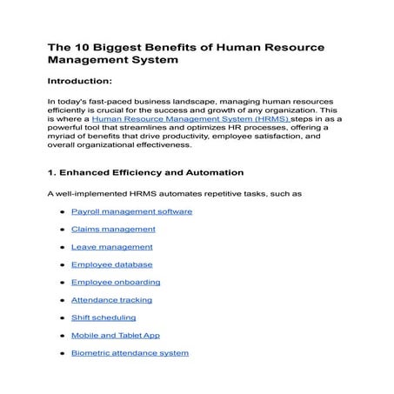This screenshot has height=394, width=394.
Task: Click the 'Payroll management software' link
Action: pos(131,211)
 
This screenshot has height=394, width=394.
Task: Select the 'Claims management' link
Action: pos(113,229)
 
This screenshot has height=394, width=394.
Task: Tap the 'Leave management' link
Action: pos(111,247)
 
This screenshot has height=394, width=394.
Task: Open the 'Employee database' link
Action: pos(111,264)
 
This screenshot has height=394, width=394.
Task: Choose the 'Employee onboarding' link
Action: pos(116,282)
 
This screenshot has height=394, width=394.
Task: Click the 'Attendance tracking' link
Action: pos(111,300)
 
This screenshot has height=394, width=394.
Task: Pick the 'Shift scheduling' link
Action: pos(104,317)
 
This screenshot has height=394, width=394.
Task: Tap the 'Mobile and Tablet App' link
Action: pos(116,335)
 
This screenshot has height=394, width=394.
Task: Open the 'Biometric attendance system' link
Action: pos(130,353)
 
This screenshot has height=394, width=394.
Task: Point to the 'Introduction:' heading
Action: pos(79,82)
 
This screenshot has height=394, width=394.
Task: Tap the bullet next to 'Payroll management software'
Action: pos(62,212)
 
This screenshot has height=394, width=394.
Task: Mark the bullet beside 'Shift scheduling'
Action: pos(62,318)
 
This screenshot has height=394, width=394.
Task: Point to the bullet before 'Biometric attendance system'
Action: pos(62,354)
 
